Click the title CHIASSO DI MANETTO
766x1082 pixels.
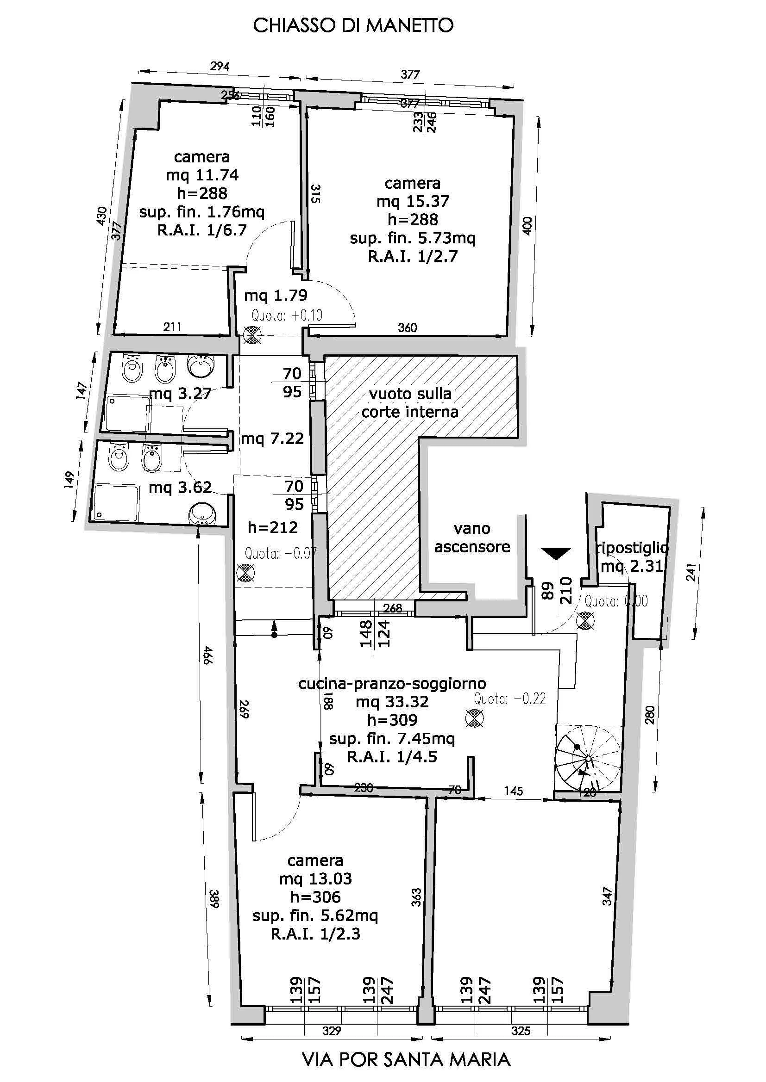(353, 25)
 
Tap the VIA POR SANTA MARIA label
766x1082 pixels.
(406, 1060)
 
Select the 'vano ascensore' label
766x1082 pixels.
(471, 538)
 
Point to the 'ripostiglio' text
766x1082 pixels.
(632, 547)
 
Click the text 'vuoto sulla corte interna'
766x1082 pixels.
(410, 403)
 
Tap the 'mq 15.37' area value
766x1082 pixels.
(412, 201)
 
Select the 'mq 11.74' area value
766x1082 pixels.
(202, 175)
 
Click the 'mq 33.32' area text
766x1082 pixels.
(392, 702)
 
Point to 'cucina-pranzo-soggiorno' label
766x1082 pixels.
(392, 683)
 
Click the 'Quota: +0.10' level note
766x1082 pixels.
(287, 315)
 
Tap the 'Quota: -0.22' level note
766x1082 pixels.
(510, 699)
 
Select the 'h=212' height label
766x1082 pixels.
(273, 527)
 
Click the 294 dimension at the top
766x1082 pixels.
(220, 66)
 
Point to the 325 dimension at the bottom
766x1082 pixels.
(521, 1031)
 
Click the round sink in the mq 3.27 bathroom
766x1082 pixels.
(201, 364)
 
